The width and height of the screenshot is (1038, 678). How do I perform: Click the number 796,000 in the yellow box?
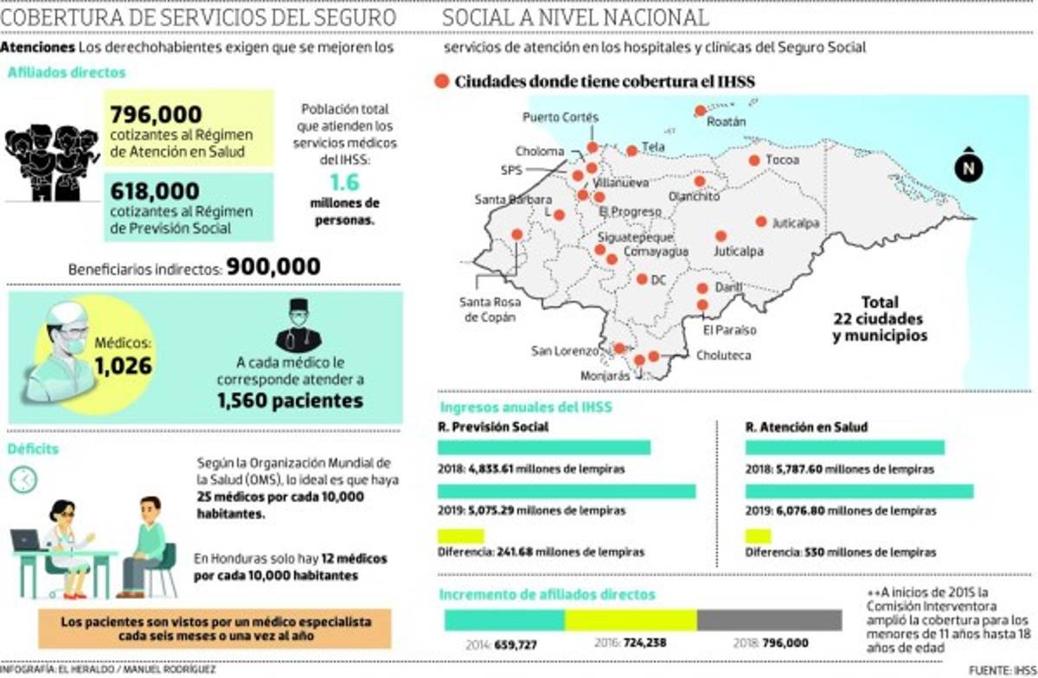click(157, 114)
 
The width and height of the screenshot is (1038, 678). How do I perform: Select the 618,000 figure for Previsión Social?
click(156, 190)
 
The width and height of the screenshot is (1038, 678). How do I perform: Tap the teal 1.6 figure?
click(343, 182)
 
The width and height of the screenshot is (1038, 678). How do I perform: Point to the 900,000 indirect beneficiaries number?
click(273, 267)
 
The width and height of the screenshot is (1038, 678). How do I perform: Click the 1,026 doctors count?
click(123, 365)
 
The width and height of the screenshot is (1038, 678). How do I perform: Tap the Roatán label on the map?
click(726, 122)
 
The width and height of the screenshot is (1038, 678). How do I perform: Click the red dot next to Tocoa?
click(754, 160)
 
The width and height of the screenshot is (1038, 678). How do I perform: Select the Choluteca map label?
click(723, 355)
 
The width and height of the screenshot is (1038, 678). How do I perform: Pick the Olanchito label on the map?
click(695, 196)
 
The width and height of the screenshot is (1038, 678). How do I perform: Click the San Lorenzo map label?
click(564, 351)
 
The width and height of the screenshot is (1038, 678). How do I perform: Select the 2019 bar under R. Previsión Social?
click(567, 491)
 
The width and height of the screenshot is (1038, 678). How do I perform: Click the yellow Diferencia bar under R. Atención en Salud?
click(758, 535)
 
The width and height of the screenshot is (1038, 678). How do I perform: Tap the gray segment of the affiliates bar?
click(768, 620)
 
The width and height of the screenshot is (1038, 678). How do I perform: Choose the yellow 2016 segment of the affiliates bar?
click(631, 620)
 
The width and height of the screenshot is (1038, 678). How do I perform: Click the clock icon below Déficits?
click(23, 479)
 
